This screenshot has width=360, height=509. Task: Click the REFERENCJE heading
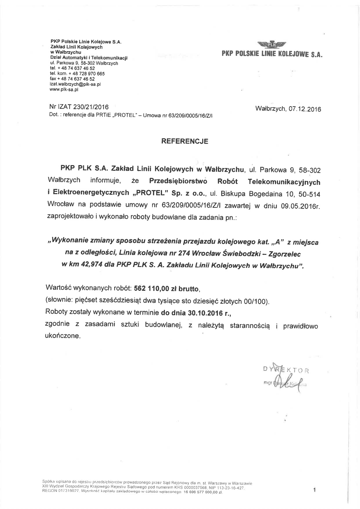(185, 141)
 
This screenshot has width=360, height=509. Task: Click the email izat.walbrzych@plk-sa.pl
(75, 84)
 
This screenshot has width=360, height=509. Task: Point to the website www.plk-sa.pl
(64, 90)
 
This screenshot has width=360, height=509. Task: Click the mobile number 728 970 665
(91, 73)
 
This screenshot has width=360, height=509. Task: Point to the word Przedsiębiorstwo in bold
(178, 181)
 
